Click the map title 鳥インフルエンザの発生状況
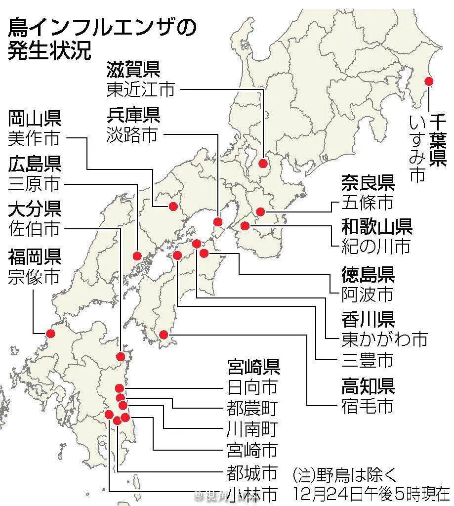(x=99, y=39)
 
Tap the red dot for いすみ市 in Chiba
(x=428, y=81)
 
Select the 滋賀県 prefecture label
(x=133, y=70)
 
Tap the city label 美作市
(x=34, y=138)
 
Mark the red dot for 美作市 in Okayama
(x=173, y=206)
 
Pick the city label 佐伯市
(x=34, y=229)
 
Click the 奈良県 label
(x=368, y=183)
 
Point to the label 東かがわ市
(x=384, y=339)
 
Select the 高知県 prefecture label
(x=368, y=385)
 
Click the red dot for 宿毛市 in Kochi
(x=165, y=335)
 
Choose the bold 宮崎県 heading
(x=253, y=367)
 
